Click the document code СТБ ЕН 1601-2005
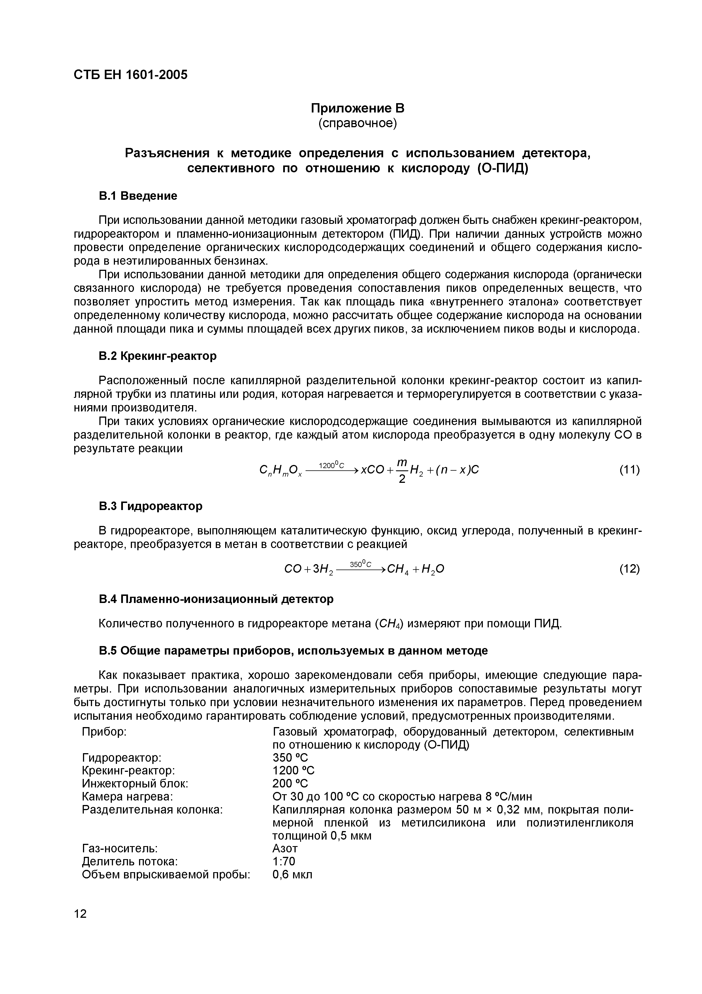pyautogui.click(x=131, y=75)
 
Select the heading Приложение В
pyautogui.click(x=357, y=108)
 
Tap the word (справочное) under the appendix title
pyautogui.click(x=357, y=123)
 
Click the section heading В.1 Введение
pyautogui.click(x=138, y=196)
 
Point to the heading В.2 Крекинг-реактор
pyautogui.click(x=157, y=356)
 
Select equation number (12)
pyautogui.click(x=630, y=568)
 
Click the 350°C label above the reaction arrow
pyautogui.click(x=361, y=564)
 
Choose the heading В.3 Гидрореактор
pyautogui.click(x=151, y=506)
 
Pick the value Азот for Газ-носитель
pyautogui.click(x=285, y=848)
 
